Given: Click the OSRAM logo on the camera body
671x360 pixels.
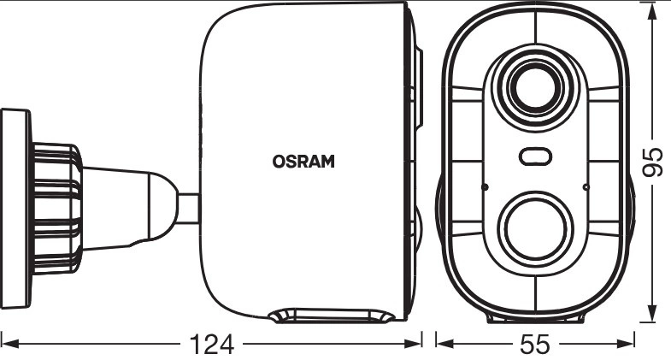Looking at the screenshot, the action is point(303,162).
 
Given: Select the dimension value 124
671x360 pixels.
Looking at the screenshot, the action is point(212,344).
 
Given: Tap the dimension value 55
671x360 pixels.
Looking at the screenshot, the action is point(535,344).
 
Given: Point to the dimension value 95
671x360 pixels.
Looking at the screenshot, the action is point(652,162).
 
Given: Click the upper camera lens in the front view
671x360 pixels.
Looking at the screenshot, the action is point(535,89).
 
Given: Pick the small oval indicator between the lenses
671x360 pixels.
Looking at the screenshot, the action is point(535,156).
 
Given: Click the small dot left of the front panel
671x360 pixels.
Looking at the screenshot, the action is point(486,187).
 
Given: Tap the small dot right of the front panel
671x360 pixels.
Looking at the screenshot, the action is point(586,187).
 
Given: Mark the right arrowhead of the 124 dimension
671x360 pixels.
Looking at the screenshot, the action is point(413,343).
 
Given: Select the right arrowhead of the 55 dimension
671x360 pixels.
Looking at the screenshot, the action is point(626,343).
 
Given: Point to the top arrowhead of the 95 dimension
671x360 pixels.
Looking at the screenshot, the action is point(651,12).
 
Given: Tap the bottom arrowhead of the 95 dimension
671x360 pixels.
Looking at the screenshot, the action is point(651,311).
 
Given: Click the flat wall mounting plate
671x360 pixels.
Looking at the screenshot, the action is point(16,209).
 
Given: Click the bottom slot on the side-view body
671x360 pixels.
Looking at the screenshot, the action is point(332,316).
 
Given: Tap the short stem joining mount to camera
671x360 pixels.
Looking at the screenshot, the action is point(189,209).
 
